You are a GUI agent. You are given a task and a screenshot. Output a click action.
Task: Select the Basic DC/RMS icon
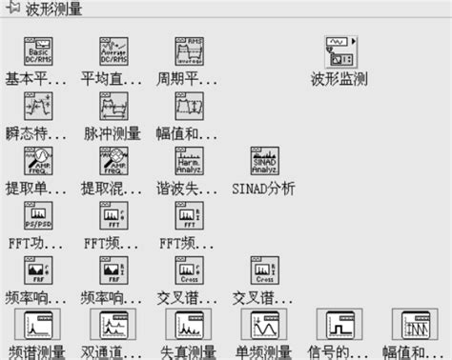(37, 51)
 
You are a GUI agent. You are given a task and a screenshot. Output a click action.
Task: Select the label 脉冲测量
(113, 133)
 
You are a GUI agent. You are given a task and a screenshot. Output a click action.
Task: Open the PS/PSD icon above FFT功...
(37, 214)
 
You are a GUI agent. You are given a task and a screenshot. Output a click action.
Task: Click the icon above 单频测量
(264, 326)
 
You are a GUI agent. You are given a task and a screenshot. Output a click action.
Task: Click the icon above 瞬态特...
(37, 106)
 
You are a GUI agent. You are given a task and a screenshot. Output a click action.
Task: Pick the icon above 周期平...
(189, 51)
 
